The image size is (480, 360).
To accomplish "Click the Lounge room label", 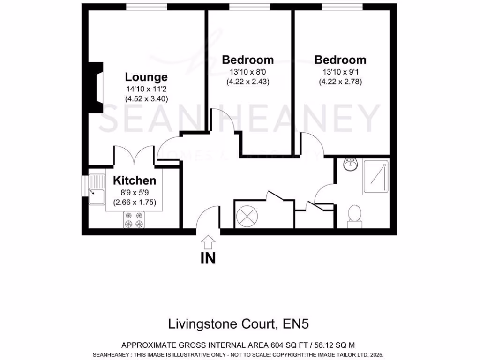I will click(x=146, y=77).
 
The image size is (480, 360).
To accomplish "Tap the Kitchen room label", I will click(x=135, y=181).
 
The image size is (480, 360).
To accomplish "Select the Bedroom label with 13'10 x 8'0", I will click(x=248, y=60).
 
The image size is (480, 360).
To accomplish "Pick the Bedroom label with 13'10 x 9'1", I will click(x=340, y=60).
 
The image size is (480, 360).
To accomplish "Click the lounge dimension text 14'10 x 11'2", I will click(x=146, y=89).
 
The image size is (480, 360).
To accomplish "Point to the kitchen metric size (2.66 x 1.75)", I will click(x=135, y=202).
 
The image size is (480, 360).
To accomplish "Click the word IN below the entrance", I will click(x=208, y=258).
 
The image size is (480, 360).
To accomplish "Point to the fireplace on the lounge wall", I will click(x=96, y=88).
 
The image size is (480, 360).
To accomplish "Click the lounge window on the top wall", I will click(x=147, y=7).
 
